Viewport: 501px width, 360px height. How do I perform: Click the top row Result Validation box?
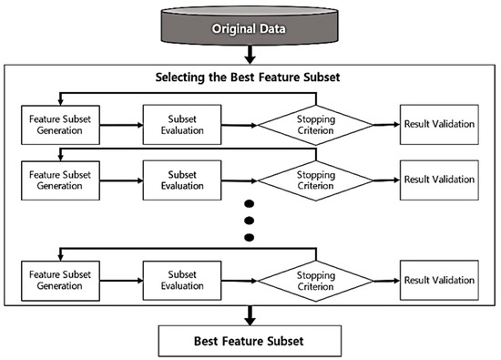[439, 124]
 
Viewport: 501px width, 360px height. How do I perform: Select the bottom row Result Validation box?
[439, 280]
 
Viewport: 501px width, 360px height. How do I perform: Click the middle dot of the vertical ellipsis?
[248, 222]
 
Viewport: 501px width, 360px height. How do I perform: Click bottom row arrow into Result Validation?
[387, 280]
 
